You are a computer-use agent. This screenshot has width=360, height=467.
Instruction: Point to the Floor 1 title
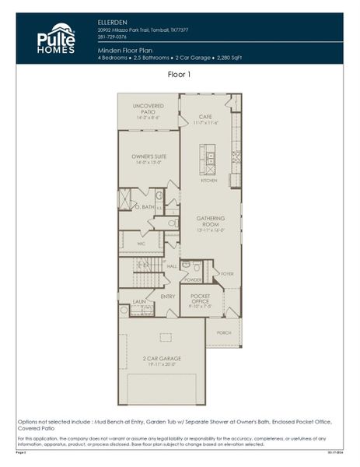180,75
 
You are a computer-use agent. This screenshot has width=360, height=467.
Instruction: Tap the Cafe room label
206,118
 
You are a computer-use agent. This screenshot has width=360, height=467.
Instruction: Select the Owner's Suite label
148,159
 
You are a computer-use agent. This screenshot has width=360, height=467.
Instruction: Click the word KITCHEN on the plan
209,181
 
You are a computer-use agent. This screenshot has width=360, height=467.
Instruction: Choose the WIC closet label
142,243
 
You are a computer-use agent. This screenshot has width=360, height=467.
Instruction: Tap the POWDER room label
192,279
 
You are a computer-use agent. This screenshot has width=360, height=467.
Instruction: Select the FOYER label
227,274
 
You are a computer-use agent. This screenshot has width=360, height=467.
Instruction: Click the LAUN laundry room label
139,300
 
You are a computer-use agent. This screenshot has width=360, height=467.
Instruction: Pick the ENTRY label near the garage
168,296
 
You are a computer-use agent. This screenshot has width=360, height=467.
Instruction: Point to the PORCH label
224,332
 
